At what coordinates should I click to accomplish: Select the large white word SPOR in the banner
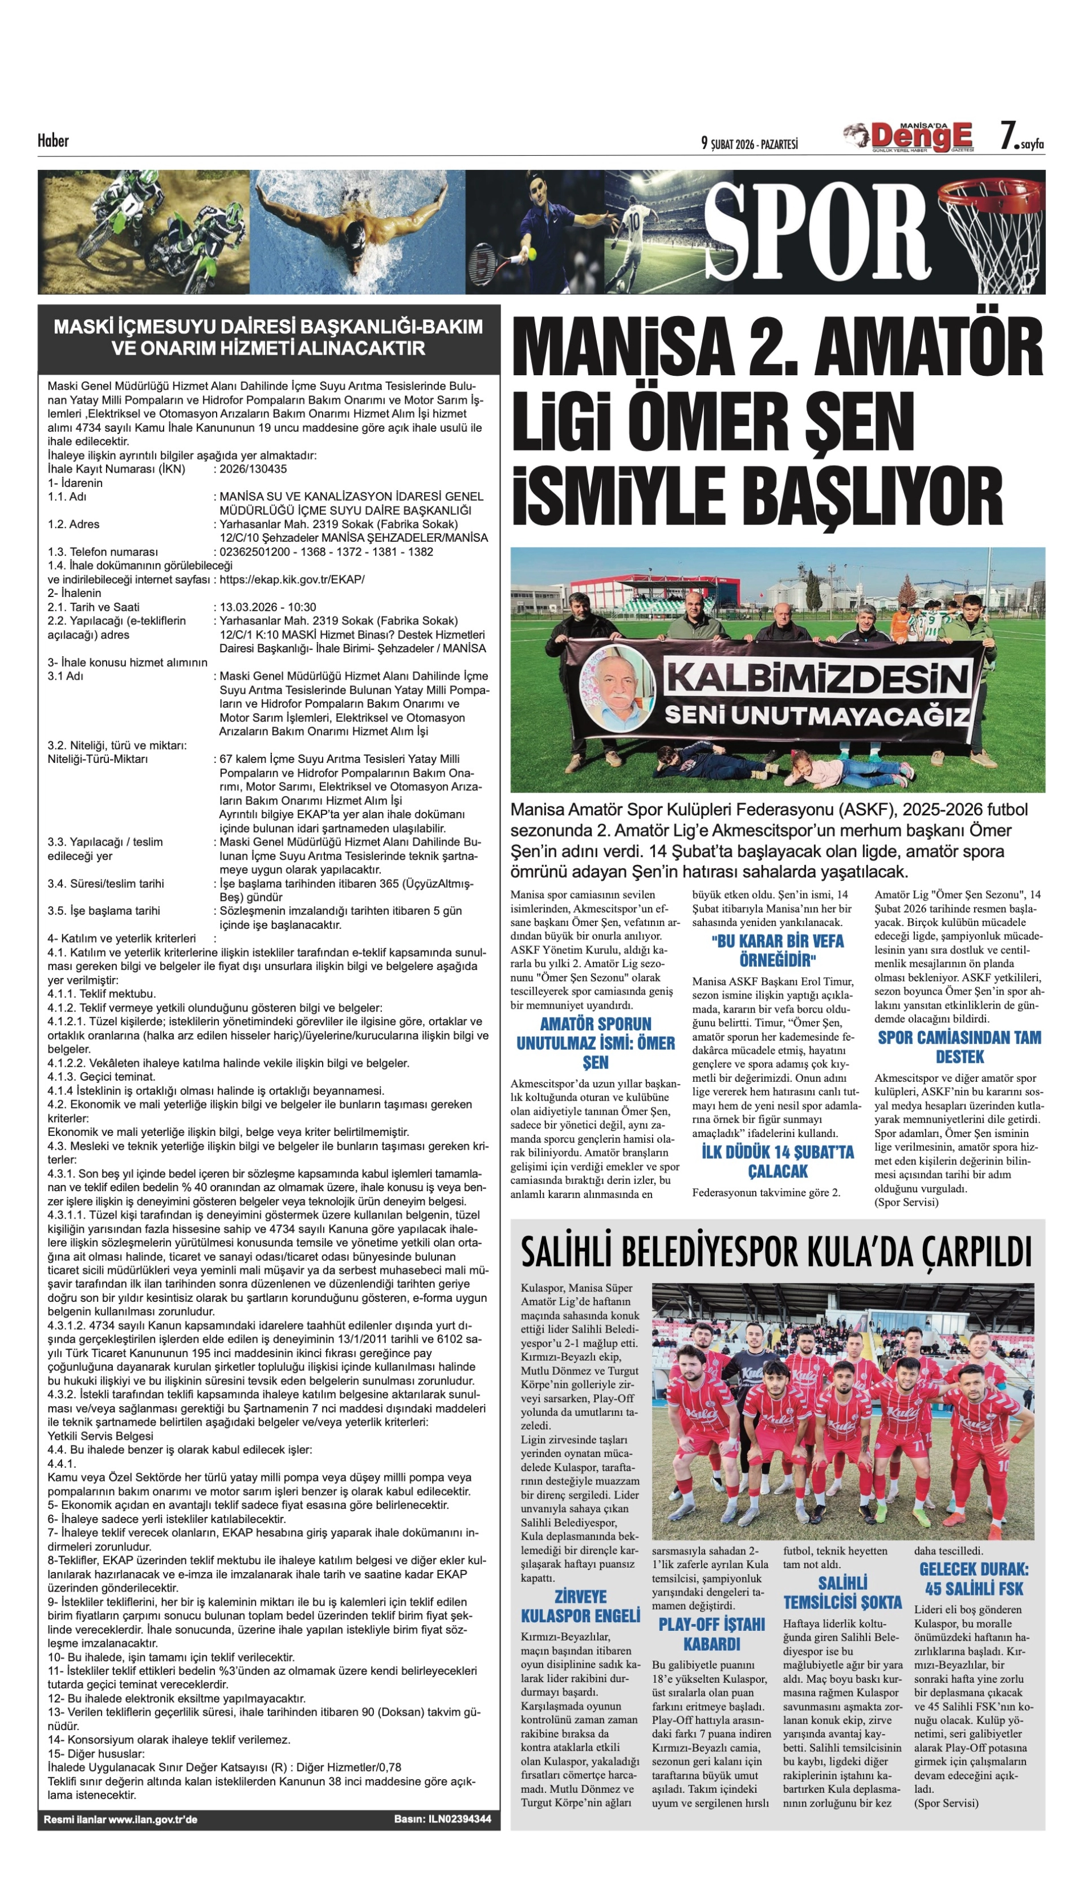[817, 232]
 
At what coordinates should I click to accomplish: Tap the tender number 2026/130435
[253, 469]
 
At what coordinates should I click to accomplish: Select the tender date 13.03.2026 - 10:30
[268, 607]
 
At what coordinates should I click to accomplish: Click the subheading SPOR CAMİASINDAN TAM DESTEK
[959, 1047]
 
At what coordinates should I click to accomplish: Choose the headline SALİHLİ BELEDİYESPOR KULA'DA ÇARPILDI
[776, 1252]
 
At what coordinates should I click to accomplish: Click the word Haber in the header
[54, 141]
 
